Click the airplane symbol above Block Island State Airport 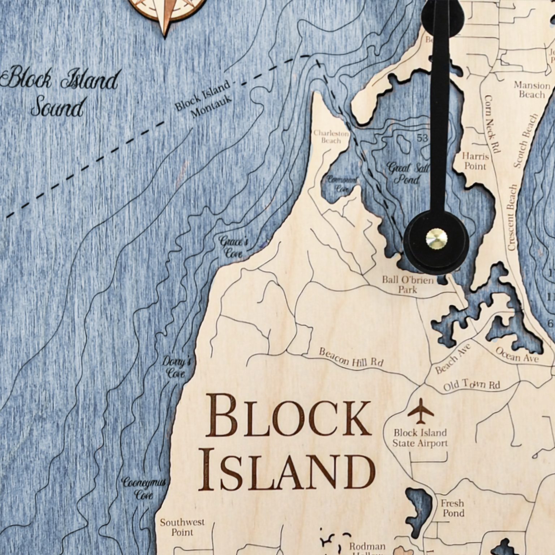tap(421, 410)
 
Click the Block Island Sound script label tap(60, 92)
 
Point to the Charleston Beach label tap(331, 137)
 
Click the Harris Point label tap(475, 161)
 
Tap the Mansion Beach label tap(532, 90)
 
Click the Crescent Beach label tap(512, 218)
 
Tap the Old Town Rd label tap(472, 385)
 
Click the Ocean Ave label tap(517, 355)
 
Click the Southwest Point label tap(182, 527)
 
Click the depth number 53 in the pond tap(422, 138)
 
